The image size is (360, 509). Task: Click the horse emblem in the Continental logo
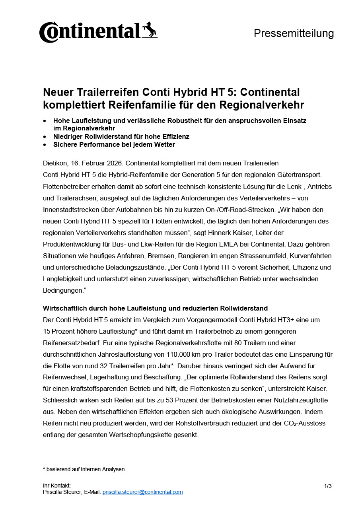pyautogui.click(x=150, y=30)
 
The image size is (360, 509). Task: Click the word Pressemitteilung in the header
pyautogui.click(x=294, y=33)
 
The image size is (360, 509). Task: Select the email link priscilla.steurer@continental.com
pyautogui.click(x=142, y=492)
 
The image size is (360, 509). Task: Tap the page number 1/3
pyautogui.click(x=328, y=486)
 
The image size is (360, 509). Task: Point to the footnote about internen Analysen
pyautogui.click(x=84, y=469)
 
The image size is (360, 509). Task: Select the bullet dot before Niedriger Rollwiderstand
pyautogui.click(x=45, y=137)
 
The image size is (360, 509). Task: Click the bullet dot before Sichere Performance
pyautogui.click(x=45, y=145)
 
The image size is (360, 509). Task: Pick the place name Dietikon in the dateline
pyautogui.click(x=54, y=163)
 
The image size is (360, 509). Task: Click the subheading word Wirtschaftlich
pyautogui.click(x=64, y=308)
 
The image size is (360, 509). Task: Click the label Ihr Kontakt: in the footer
pyautogui.click(x=56, y=486)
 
